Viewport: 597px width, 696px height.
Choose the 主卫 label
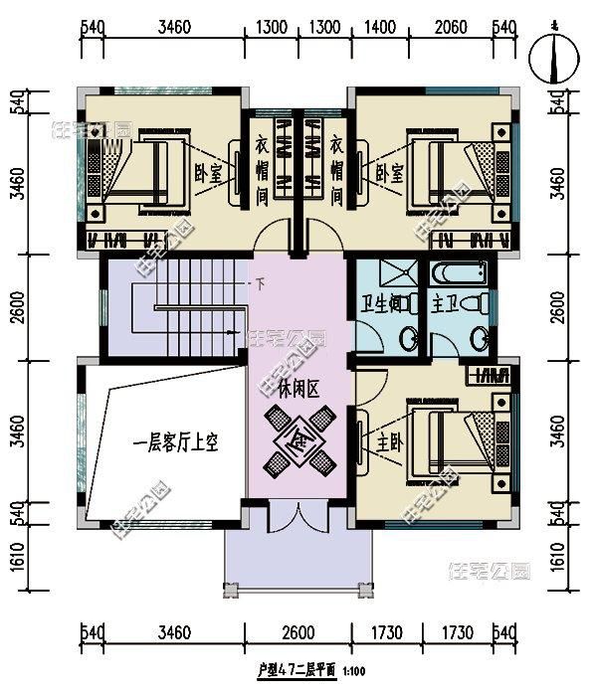pos(445,303)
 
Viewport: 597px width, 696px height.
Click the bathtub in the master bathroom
pos(459,273)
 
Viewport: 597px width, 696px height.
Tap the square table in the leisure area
pos(298,437)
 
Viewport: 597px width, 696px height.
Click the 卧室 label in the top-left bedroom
pos(207,173)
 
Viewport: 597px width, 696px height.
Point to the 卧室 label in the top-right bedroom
pos(390,173)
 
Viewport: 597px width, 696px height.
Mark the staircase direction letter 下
pos(261,284)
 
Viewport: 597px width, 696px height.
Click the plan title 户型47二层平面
pos(295,671)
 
